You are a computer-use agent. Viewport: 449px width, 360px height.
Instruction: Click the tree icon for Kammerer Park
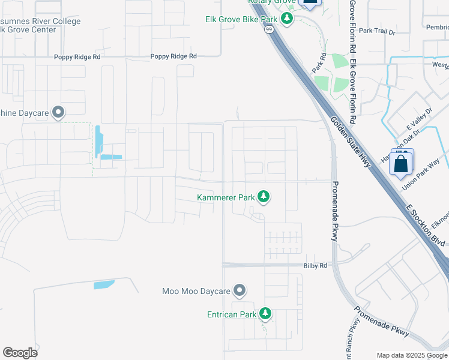pyautogui.click(x=263, y=196)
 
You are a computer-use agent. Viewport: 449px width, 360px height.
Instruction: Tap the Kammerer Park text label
pyautogui.click(x=226, y=197)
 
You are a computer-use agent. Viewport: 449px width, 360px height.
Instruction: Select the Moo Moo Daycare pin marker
pyautogui.click(x=240, y=291)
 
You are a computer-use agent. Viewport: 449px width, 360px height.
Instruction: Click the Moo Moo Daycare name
pyautogui.click(x=196, y=292)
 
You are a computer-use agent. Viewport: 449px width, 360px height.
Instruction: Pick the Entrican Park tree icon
pyautogui.click(x=265, y=313)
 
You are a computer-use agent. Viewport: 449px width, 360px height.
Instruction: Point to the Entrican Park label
pyautogui.click(x=232, y=314)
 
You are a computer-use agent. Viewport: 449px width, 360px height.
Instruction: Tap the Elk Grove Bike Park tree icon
pyautogui.click(x=287, y=19)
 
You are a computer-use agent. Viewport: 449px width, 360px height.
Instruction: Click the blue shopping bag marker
pyautogui.click(x=401, y=163)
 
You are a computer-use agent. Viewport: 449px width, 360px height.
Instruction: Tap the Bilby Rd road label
pyautogui.click(x=315, y=265)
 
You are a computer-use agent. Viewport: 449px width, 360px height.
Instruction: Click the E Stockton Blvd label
pyautogui.click(x=426, y=224)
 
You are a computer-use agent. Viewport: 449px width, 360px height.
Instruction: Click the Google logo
pyautogui.click(x=20, y=352)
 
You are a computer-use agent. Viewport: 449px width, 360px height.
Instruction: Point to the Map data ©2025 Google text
pyautogui.click(x=412, y=355)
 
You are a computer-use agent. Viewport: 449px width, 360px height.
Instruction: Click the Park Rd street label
pyautogui.click(x=319, y=63)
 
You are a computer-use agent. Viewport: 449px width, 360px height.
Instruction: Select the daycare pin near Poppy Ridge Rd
pyautogui.click(x=58, y=112)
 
